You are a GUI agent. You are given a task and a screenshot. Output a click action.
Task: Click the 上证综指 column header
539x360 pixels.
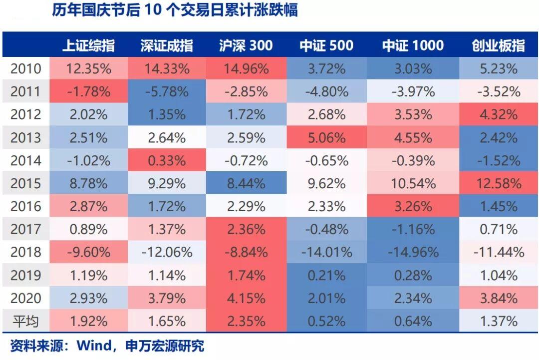(x=88, y=46)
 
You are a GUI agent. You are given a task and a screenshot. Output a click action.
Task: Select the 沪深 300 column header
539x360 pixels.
(x=246, y=46)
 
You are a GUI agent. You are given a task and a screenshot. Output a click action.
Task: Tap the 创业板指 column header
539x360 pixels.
(x=498, y=46)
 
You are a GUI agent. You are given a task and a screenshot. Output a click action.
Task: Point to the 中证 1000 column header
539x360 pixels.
(x=413, y=46)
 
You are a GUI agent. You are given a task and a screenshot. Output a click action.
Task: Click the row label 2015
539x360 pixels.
(x=26, y=183)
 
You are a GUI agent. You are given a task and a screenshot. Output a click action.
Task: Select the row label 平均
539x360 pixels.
(x=26, y=321)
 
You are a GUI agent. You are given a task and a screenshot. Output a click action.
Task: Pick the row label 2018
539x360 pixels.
(x=26, y=252)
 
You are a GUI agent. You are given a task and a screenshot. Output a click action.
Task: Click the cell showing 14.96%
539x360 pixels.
(x=246, y=68)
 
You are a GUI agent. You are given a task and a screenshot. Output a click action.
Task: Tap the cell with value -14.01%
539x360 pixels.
(x=327, y=252)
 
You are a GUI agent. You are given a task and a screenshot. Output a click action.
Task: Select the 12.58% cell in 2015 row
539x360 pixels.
(x=498, y=183)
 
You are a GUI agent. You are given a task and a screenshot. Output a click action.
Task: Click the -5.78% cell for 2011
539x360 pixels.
(x=167, y=91)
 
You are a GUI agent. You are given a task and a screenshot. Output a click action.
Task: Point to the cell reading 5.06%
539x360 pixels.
(x=327, y=137)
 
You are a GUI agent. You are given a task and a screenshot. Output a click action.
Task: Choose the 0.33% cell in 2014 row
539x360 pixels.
(x=167, y=160)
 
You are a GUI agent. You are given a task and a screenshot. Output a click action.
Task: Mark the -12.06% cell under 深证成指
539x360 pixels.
(x=167, y=252)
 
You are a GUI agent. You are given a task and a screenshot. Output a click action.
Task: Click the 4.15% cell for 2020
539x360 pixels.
(x=246, y=298)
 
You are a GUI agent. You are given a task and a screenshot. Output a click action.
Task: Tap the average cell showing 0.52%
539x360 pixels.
(x=327, y=321)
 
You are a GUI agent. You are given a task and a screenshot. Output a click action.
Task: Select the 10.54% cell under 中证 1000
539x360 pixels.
(x=413, y=183)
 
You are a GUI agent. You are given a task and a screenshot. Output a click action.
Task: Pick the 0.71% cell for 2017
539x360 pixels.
(x=498, y=229)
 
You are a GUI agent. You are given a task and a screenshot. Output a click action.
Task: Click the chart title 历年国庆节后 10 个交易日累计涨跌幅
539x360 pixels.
(x=174, y=10)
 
